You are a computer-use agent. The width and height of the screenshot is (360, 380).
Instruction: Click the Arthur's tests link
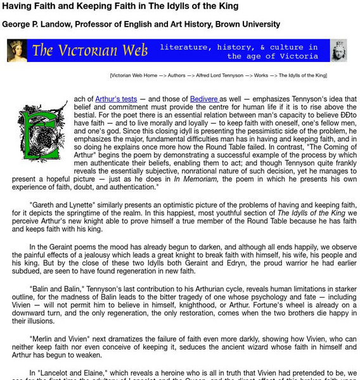click(116, 99)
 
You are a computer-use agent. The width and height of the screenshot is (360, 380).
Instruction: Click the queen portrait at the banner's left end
click(17, 51)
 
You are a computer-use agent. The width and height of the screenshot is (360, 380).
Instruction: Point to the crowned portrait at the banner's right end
click(338, 51)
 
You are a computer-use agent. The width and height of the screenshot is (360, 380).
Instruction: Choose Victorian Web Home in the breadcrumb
click(134, 75)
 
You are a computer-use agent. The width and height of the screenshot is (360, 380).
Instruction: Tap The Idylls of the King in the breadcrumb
click(307, 75)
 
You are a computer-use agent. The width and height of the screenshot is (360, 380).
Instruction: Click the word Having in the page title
click(17, 6)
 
